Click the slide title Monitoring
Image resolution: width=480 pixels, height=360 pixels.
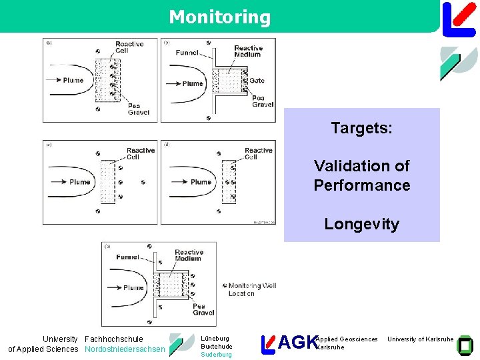pos(220,17)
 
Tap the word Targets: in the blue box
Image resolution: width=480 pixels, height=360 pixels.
pos(361,128)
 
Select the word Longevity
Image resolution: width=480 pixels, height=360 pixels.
pos(361,224)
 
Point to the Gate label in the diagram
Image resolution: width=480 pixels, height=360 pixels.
pos(257,81)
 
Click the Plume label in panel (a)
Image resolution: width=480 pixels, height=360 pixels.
pos(73,81)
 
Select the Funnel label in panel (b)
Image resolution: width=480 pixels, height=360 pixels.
pos(187,53)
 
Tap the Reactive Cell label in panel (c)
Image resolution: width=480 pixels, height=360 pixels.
pos(141,154)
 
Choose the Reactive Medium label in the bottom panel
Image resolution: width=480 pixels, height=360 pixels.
pos(189,255)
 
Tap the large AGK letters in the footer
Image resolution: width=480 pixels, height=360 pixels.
pos(297,343)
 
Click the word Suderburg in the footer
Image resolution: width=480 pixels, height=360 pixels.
pos(216,355)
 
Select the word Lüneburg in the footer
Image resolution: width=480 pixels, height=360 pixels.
pos(215,339)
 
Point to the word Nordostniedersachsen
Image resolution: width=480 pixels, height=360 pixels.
pos(125,349)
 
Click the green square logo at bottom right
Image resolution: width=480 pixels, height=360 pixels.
pos(464,344)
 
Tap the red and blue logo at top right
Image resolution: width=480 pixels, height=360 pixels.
pos(459,18)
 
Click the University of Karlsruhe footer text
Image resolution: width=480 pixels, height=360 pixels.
pos(420,339)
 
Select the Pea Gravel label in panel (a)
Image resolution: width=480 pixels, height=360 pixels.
pos(139,109)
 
